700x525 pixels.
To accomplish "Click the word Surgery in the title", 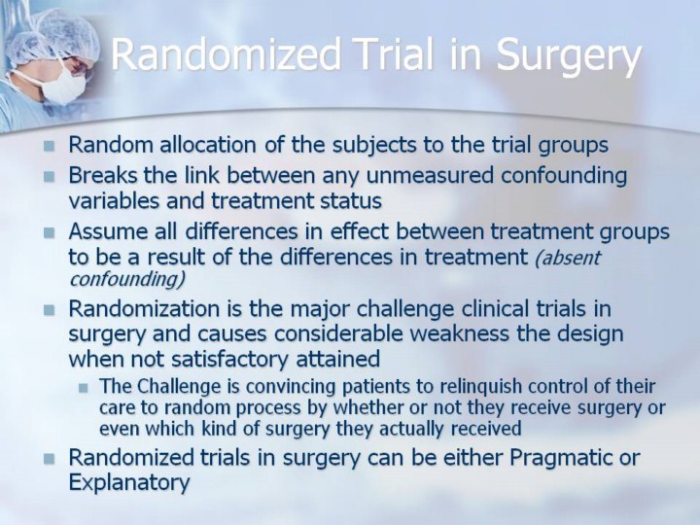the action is click(x=569, y=54).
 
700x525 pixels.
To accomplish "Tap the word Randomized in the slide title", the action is click(x=226, y=54).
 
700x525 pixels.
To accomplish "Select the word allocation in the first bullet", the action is click(x=208, y=145).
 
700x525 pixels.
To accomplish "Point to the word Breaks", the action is click(x=103, y=175).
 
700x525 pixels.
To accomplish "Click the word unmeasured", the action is click(x=430, y=175).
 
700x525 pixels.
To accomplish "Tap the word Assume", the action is click(x=110, y=231).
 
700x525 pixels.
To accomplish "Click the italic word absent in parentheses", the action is click(x=568, y=258).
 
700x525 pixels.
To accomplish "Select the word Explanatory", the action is click(x=129, y=482).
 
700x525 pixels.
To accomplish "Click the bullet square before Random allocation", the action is click(x=50, y=146).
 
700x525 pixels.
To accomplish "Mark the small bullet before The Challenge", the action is click(x=83, y=387).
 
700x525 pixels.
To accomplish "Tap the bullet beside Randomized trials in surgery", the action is click(x=50, y=459).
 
